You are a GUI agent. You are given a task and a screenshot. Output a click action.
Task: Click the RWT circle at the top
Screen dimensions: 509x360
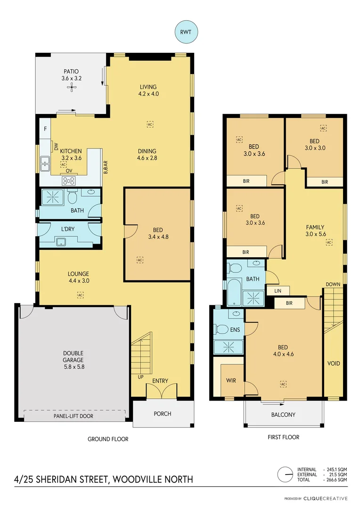click(x=187, y=33)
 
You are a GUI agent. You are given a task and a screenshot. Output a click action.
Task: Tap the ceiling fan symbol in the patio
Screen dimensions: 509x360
click(x=72, y=87)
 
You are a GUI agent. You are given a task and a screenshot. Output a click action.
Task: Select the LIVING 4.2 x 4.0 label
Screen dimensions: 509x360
click(x=148, y=90)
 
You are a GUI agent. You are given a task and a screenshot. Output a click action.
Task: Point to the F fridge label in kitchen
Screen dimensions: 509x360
click(x=46, y=129)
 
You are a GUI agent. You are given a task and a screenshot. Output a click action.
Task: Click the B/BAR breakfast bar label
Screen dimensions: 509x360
click(x=106, y=167)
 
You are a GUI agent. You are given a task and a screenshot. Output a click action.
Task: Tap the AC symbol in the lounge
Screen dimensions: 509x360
click(x=80, y=295)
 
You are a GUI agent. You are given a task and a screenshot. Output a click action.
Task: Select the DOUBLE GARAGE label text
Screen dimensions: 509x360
click(x=74, y=357)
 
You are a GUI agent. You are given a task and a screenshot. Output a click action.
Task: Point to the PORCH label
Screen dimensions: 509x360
click(x=163, y=414)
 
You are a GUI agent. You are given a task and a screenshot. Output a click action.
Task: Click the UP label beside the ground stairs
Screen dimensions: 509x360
click(x=141, y=378)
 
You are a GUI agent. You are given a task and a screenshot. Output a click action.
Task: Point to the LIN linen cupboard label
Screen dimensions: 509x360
click(x=278, y=291)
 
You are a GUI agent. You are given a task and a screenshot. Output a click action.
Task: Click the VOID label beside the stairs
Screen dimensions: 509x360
click(x=334, y=363)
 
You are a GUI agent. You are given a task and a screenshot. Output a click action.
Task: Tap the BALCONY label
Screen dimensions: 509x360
click(x=283, y=415)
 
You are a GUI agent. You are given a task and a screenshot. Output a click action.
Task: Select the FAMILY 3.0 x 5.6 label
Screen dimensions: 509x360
click(x=315, y=230)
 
